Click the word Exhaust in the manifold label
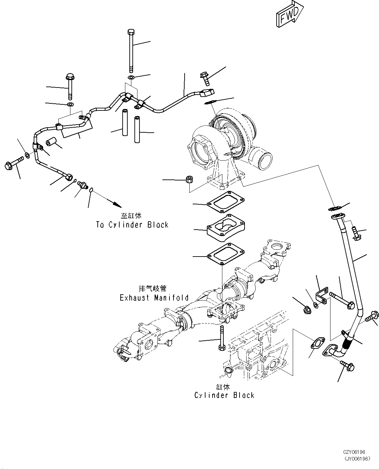134,298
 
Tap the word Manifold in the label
171,298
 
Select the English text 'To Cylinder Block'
132,225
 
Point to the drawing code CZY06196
354,452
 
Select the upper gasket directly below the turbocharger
226,202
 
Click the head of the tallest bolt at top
131,32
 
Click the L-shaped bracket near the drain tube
322,296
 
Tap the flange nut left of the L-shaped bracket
307,310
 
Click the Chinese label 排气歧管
153,289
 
